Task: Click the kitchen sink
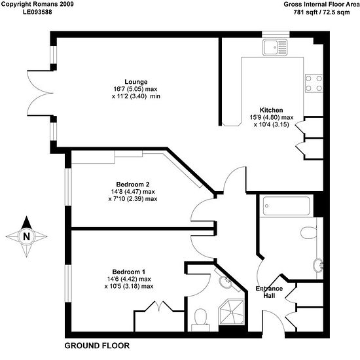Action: click(275, 47)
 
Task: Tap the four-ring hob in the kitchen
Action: click(314, 83)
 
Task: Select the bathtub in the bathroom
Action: click(286, 206)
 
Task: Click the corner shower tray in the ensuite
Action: click(232, 312)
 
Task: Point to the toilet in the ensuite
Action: click(200, 319)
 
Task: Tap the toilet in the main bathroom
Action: click(309, 232)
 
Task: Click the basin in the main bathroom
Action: click(319, 265)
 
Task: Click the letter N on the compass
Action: click(27, 236)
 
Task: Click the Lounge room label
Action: click(136, 82)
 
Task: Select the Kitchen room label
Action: click(271, 110)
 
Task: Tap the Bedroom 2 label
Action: click(133, 184)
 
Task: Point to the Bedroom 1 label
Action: click(128, 272)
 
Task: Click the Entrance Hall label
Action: click(269, 292)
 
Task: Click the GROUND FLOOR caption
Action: click(97, 346)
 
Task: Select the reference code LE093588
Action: click(37, 12)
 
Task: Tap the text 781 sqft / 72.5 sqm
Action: click(321, 12)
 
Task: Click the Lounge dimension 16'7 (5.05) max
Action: click(135, 89)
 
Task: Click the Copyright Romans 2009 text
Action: click(37, 5)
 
